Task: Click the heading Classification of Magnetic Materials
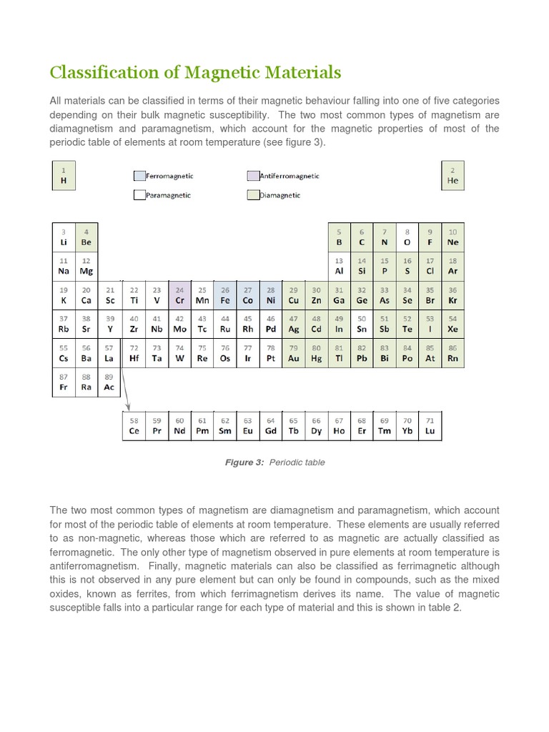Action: tap(195, 73)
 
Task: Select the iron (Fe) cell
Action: tap(225, 295)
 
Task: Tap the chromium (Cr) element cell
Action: tap(179, 295)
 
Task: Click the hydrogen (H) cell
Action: tap(63, 176)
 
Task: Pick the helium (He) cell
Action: tap(452, 176)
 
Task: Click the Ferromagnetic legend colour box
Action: tap(139, 176)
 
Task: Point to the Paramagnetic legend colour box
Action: tap(139, 194)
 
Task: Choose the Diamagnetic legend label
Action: tap(280, 195)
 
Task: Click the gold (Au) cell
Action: tap(293, 353)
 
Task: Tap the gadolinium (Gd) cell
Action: tap(271, 426)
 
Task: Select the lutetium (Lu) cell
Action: tap(430, 426)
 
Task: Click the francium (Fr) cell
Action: tap(63, 382)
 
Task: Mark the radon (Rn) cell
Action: tap(452, 353)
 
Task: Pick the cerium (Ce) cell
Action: tap(134, 426)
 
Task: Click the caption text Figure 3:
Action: tap(244, 463)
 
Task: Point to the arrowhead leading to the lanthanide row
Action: tap(127, 409)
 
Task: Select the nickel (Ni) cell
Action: tap(271, 295)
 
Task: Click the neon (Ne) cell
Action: tap(452, 237)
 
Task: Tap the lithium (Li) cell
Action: tap(63, 237)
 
